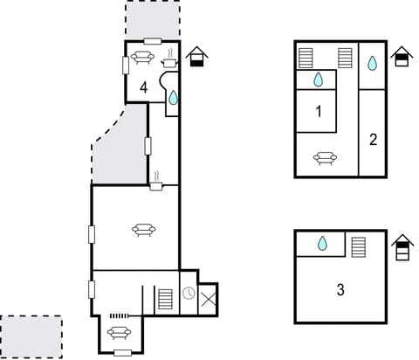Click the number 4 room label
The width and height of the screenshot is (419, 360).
[x=143, y=87]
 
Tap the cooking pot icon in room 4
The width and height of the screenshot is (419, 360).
[x=169, y=60]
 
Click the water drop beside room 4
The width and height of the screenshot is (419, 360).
[x=173, y=99]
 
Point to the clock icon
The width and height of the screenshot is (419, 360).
[x=189, y=293]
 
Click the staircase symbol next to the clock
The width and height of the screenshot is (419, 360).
[x=166, y=299]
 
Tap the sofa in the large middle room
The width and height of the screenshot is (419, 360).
[x=143, y=230]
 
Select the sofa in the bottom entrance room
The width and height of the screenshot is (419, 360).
[x=118, y=332]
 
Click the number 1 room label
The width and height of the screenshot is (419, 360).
[x=319, y=112]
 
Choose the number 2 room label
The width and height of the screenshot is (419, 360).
[x=373, y=139]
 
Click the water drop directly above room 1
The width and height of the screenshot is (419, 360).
[x=319, y=80]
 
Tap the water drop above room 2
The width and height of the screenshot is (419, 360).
[x=373, y=63]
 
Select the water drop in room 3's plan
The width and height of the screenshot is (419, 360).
[x=322, y=244]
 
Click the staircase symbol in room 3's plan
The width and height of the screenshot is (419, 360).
[x=358, y=247]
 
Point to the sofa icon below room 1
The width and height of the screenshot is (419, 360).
[x=325, y=158]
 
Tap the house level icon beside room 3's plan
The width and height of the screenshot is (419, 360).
[x=402, y=248]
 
